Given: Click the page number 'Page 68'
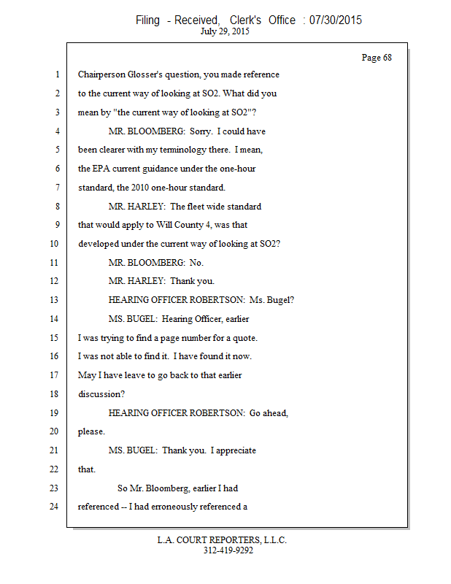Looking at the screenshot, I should (377, 58).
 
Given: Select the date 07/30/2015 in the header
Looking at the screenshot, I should (336, 20).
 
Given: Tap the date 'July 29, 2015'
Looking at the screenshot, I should (225, 32).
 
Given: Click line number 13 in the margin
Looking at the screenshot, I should (55, 299).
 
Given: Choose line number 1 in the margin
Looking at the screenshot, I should (55, 74).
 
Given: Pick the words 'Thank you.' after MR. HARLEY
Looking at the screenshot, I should (192, 281).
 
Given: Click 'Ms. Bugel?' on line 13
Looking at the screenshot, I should (271, 300).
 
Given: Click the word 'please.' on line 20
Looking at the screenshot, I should (91, 431).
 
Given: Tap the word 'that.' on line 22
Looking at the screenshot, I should (87, 469).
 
